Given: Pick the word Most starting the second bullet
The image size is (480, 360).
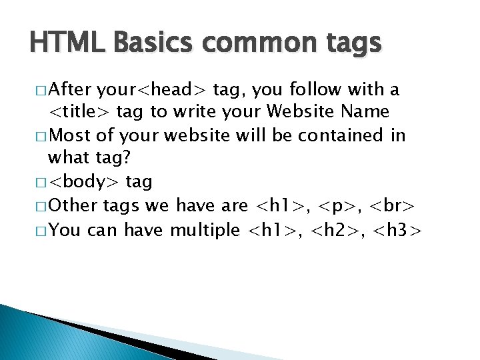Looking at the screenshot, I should point(70,136).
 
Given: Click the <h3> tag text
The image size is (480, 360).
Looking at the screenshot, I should point(397,230).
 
